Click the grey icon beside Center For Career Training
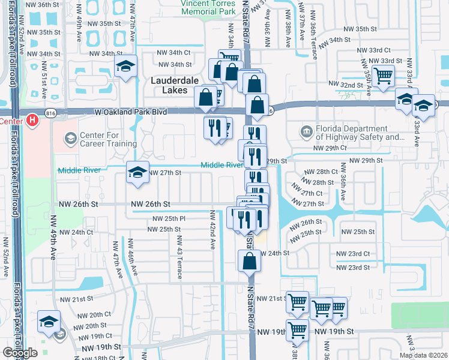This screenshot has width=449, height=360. [70, 139]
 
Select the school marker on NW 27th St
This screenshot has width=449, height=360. [137, 173]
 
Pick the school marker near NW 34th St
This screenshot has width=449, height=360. [126, 67]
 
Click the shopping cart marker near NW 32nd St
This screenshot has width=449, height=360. [383, 76]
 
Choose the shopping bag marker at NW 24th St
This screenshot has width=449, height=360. [249, 261]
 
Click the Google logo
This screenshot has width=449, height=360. [20, 353]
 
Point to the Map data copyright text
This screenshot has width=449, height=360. [423, 355]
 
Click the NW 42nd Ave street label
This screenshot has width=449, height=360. [212, 230]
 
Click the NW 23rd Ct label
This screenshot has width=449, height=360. [352, 254]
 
